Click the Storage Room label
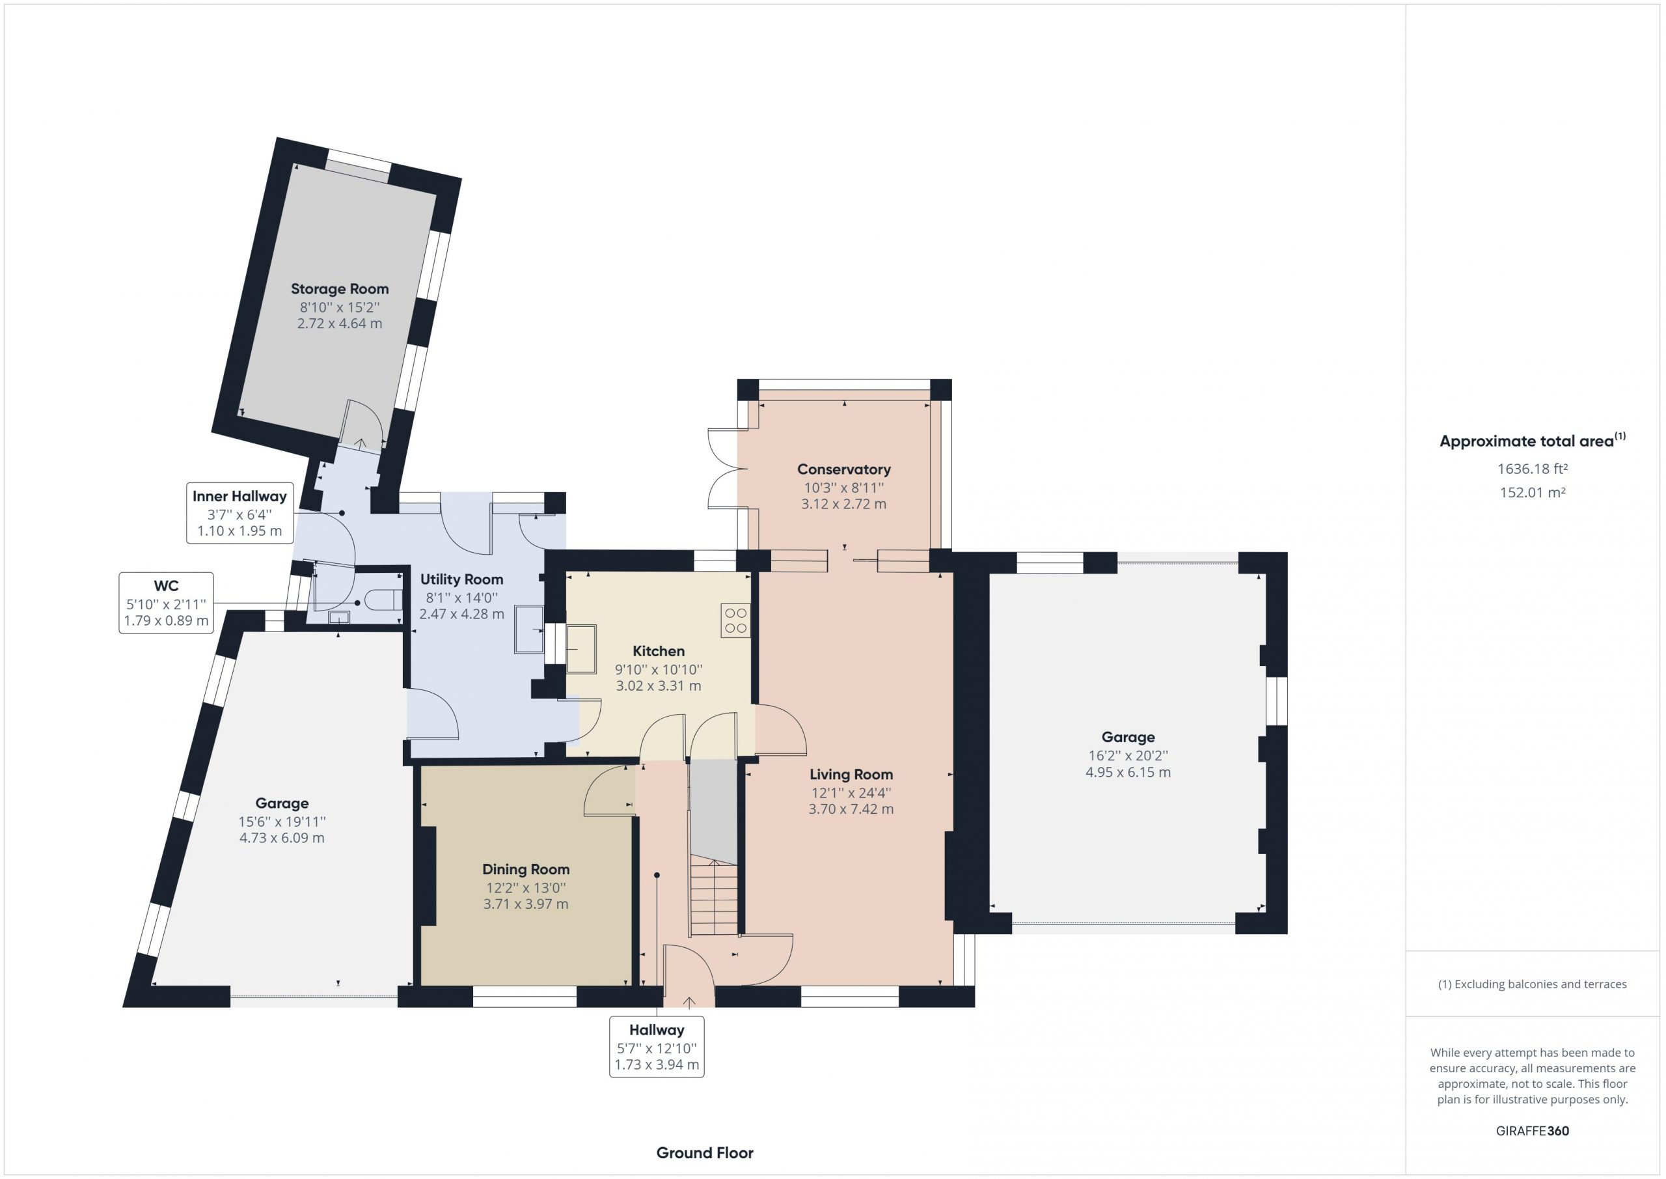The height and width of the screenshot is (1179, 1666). pyautogui.click(x=340, y=289)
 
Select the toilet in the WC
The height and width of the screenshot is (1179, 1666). pyautogui.click(x=383, y=600)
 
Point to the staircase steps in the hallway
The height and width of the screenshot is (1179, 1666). pyautogui.click(x=714, y=896)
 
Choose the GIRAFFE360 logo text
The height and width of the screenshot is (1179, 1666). pyautogui.click(x=1533, y=1130)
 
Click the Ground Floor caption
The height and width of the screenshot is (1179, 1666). pyautogui.click(x=705, y=1152)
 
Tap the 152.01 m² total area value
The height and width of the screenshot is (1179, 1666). pyautogui.click(x=1533, y=492)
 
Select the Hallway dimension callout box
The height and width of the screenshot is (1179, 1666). pyautogui.click(x=657, y=1047)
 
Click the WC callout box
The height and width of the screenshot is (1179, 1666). pyautogui.click(x=166, y=603)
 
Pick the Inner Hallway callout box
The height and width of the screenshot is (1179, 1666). pyautogui.click(x=239, y=512)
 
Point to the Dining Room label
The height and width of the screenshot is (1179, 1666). pyautogui.click(x=526, y=869)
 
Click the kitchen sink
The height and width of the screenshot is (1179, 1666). pyautogui.click(x=580, y=648)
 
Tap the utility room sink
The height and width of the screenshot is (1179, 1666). pyautogui.click(x=529, y=630)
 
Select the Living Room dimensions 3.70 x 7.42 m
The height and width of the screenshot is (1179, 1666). pyautogui.click(x=851, y=809)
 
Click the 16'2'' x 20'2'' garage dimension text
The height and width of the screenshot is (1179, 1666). pyautogui.click(x=1128, y=756)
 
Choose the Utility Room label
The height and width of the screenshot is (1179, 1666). pyautogui.click(x=461, y=579)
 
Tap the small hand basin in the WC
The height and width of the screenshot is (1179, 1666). pyautogui.click(x=339, y=617)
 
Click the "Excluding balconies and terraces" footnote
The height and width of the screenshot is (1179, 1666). pyautogui.click(x=1533, y=984)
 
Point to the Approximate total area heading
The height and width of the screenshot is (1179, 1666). pyautogui.click(x=1533, y=441)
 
